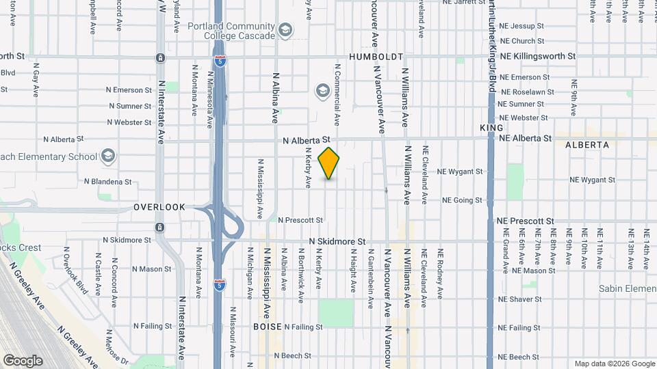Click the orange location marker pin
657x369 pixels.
[329, 163]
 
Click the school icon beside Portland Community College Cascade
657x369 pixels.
[285, 30]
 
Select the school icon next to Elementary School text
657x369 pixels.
[107, 156]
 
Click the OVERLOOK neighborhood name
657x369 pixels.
[159, 206]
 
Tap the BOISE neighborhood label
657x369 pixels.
[267, 327]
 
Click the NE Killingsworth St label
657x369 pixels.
[538, 56]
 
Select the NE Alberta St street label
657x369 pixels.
[525, 138]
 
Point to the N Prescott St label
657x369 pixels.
[300, 220]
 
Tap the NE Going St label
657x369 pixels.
[462, 200]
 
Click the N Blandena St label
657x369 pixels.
[107, 182]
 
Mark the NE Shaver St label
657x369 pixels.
[519, 299]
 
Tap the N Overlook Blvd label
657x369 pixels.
[77, 269]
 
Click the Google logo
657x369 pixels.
[23, 361]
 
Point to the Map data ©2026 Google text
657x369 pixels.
[613, 364]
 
